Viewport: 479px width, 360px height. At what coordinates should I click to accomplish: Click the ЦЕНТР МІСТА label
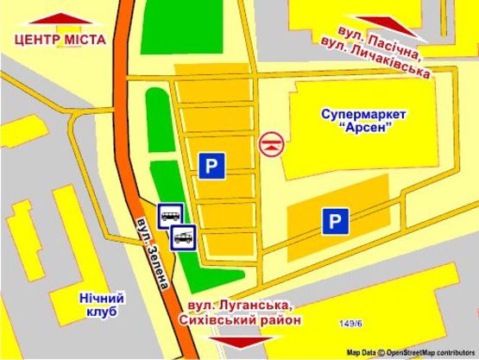coord(60,40)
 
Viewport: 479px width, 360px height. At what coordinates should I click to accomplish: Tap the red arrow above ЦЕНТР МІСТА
coord(60,19)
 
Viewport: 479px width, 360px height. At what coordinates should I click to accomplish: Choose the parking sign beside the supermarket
coord(336,223)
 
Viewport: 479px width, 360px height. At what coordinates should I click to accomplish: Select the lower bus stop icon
coord(183,236)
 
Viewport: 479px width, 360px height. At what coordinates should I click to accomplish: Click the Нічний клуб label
coord(102,305)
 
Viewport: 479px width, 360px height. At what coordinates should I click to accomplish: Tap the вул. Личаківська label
coord(375,59)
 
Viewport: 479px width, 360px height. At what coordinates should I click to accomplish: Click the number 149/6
coord(352,324)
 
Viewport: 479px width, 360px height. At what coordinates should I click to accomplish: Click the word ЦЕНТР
coord(37,40)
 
